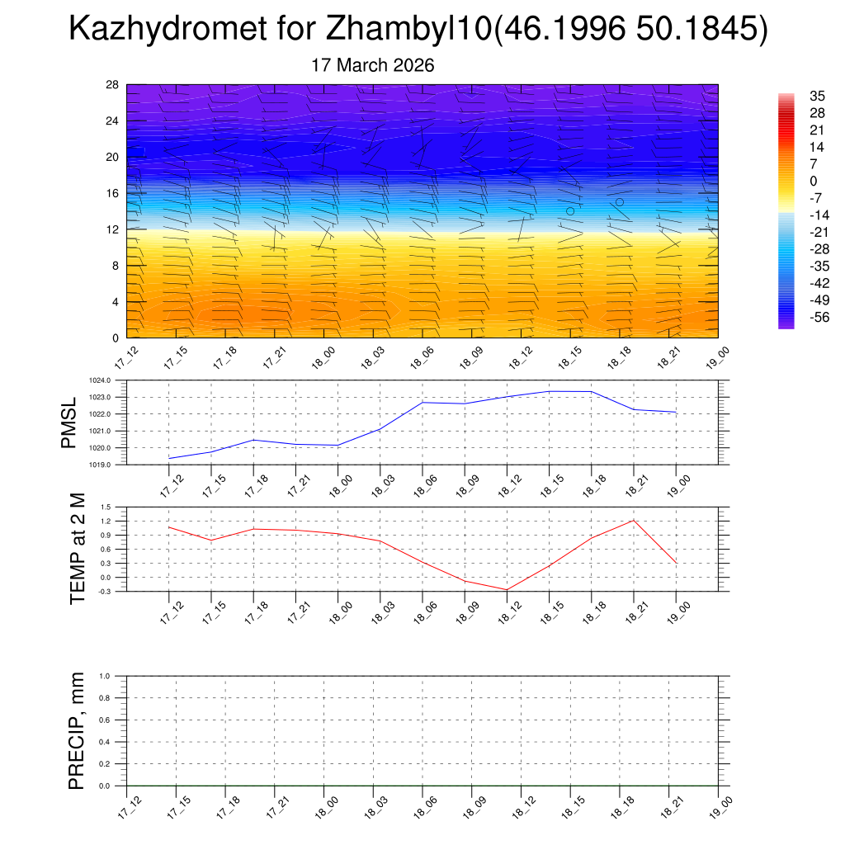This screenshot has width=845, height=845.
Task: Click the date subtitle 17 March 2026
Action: coord(372,65)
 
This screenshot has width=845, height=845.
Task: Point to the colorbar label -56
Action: coord(796,316)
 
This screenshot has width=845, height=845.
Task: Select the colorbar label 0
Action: coord(791,181)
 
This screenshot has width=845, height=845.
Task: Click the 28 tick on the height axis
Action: coord(113,84)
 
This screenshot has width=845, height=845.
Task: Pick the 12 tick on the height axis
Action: coord(113,229)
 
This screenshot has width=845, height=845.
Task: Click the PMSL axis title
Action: coord(68,422)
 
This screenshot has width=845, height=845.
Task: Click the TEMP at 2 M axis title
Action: coord(78,549)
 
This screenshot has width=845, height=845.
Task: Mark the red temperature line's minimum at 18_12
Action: coord(507,590)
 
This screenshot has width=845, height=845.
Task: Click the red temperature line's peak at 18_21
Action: coord(634,520)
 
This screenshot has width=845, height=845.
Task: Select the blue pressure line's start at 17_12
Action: coord(169,458)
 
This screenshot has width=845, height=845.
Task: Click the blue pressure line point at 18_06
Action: coord(422,402)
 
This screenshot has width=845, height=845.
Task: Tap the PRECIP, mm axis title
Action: coord(77,730)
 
